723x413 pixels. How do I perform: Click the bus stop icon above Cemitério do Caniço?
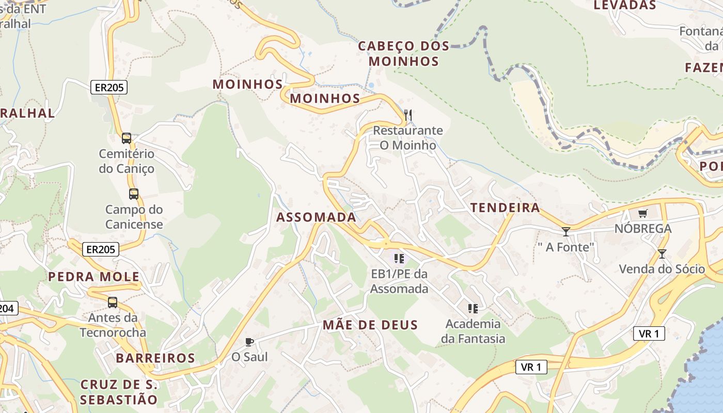pyautogui.click(x=127, y=138)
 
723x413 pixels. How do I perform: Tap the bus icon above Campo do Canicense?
pyautogui.click(x=134, y=194)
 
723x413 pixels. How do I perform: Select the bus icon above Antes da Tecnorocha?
pyautogui.click(x=113, y=303)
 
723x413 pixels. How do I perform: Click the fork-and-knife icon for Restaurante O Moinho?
pyautogui.click(x=408, y=115)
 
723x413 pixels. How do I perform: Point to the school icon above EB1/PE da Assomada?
pyautogui.click(x=399, y=258)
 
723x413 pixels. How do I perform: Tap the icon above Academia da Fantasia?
pyautogui.click(x=473, y=309)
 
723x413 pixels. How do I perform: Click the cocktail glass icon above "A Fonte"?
pyautogui.click(x=566, y=232)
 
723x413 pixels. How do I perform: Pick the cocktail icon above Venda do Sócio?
pyautogui.click(x=662, y=253)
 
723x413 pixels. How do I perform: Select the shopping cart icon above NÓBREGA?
pyautogui.click(x=643, y=213)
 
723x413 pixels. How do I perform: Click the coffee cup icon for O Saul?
pyautogui.click(x=249, y=341)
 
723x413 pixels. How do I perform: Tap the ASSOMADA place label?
pyautogui.click(x=316, y=217)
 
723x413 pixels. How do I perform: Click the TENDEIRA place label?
pyautogui.click(x=505, y=208)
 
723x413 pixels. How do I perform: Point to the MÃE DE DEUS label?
pyautogui.click(x=370, y=325)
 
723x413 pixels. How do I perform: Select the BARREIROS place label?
pyautogui.click(x=155, y=358)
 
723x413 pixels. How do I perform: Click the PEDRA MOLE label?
pyautogui.click(x=94, y=277)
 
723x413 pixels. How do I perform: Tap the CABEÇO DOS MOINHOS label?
pyautogui.click(x=404, y=54)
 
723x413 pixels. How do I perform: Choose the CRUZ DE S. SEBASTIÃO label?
pyautogui.click(x=119, y=392)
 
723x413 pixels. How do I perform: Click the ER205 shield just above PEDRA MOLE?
pyautogui.click(x=101, y=250)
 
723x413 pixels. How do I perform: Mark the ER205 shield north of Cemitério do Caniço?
pyautogui.click(x=109, y=87)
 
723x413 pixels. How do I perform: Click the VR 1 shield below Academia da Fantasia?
pyautogui.click(x=531, y=367)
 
